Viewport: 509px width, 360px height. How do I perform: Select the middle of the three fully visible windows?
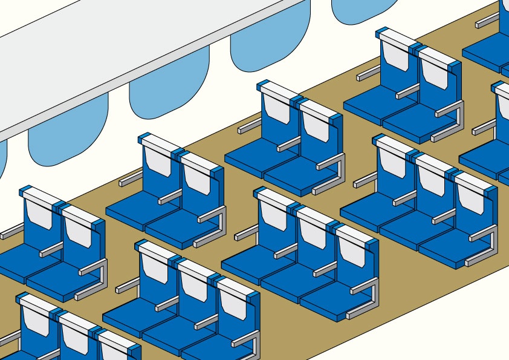tap(169, 91)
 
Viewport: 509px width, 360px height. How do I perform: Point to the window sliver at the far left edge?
tap(2, 160)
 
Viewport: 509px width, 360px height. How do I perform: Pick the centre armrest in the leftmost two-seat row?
tap(51, 249)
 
